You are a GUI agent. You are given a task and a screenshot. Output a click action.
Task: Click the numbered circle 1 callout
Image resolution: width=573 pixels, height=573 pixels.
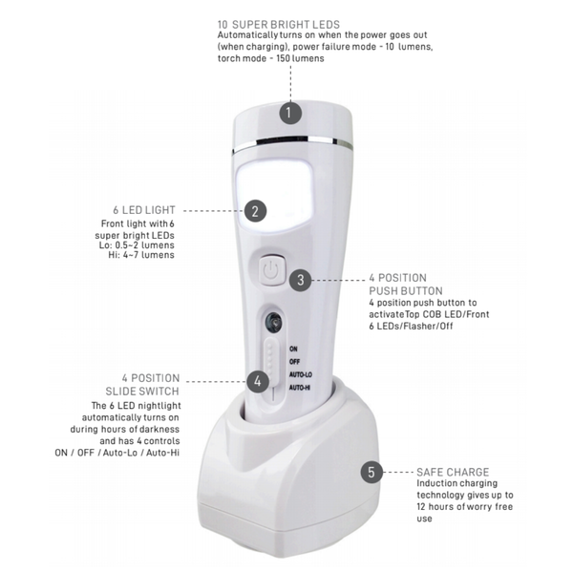tap(291, 113)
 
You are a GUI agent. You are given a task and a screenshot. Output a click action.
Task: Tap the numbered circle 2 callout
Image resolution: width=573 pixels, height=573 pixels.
tap(255, 211)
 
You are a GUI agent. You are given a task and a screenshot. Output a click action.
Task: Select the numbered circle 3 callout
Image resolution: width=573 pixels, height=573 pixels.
tap(302, 280)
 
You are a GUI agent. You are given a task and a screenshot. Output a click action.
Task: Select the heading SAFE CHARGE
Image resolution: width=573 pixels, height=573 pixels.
tap(453, 472)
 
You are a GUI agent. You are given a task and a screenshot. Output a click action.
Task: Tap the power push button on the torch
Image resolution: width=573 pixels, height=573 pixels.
tap(270, 271)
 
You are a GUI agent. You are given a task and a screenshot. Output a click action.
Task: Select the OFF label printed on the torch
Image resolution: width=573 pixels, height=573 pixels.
tap(294, 362)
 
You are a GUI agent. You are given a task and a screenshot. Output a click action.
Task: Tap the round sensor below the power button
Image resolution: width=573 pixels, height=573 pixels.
tap(274, 322)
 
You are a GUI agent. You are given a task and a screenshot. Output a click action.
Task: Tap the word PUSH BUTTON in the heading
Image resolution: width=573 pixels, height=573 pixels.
tap(406, 291)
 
